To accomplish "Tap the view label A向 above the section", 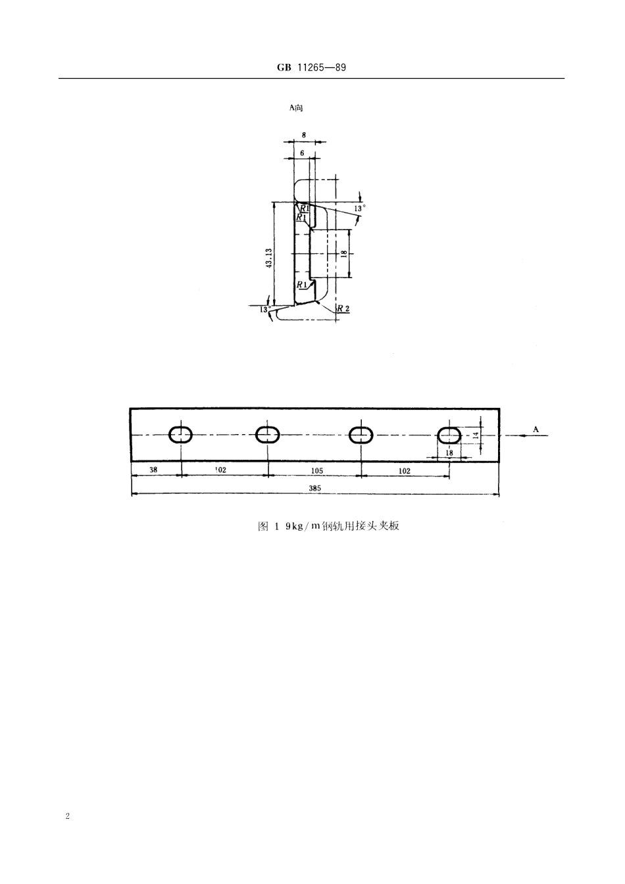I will tap(296, 107).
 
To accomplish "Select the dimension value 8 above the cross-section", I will tap(304, 134).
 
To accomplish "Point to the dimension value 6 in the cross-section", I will tap(302, 152).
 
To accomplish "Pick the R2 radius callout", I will tap(343, 309).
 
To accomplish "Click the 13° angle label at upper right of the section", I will tap(359, 208).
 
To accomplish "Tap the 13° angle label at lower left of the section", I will tap(264, 309).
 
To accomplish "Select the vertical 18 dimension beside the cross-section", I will tap(343, 253).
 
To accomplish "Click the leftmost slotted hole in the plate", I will tap(180, 435).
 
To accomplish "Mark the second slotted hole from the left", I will tap(268, 435).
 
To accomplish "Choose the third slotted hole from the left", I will tap(361, 435).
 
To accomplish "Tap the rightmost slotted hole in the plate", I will tap(449, 434).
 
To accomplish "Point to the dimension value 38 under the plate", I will tap(153, 470).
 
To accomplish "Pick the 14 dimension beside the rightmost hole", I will tap(476, 435).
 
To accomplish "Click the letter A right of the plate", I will tap(536, 430).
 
